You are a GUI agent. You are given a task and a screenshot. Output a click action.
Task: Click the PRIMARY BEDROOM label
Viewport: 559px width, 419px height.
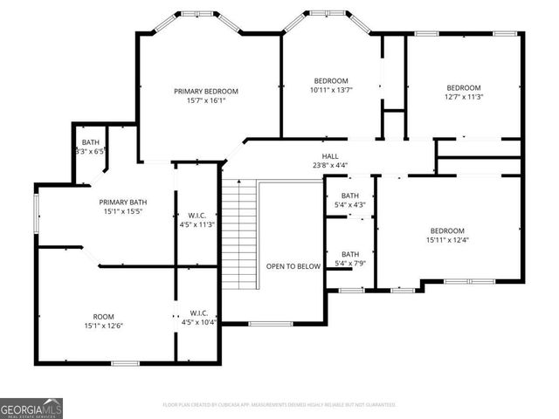(205, 91)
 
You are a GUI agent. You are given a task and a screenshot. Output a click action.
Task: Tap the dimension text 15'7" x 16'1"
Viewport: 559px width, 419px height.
(205, 100)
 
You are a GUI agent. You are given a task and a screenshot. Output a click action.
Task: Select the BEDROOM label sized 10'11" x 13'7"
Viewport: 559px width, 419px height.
(329, 79)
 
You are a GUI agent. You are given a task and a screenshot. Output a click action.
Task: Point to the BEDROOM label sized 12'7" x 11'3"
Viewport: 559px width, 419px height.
(464, 87)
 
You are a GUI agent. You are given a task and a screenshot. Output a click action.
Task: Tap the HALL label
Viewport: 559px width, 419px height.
(329, 155)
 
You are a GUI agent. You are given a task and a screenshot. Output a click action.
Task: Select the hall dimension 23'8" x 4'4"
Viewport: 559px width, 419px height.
(329, 164)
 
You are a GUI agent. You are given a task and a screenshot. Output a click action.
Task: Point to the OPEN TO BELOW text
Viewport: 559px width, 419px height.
(293, 267)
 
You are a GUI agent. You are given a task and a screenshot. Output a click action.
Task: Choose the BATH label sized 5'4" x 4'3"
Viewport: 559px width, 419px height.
(349, 196)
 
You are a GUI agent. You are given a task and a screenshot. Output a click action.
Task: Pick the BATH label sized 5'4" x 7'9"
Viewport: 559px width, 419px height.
(349, 254)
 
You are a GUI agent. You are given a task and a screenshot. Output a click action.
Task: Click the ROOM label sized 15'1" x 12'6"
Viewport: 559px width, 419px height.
(103, 317)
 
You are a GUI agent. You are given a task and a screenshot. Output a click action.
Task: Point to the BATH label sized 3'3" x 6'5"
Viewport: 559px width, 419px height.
(90, 142)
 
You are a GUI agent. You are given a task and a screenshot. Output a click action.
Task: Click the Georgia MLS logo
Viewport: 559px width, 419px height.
(31, 409)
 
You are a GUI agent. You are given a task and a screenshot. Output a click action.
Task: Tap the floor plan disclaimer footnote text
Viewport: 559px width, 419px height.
(279, 405)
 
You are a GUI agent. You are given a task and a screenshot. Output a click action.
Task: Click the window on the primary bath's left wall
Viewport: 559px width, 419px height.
(36, 212)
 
